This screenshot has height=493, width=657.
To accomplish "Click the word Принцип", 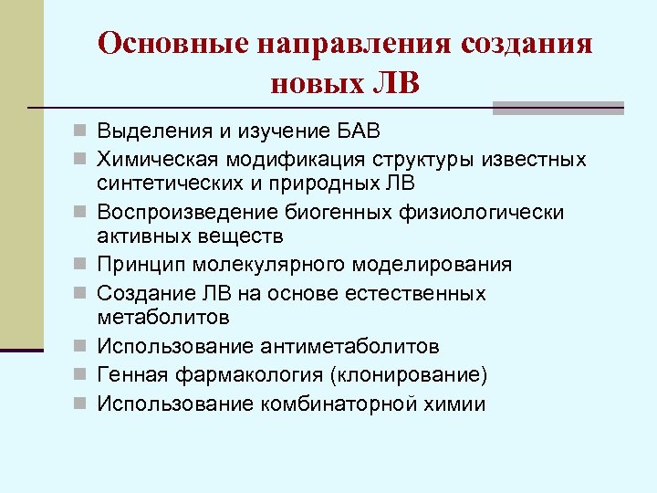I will [x=137, y=264].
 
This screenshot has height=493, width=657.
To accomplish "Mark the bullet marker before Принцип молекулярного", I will [x=84, y=265].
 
